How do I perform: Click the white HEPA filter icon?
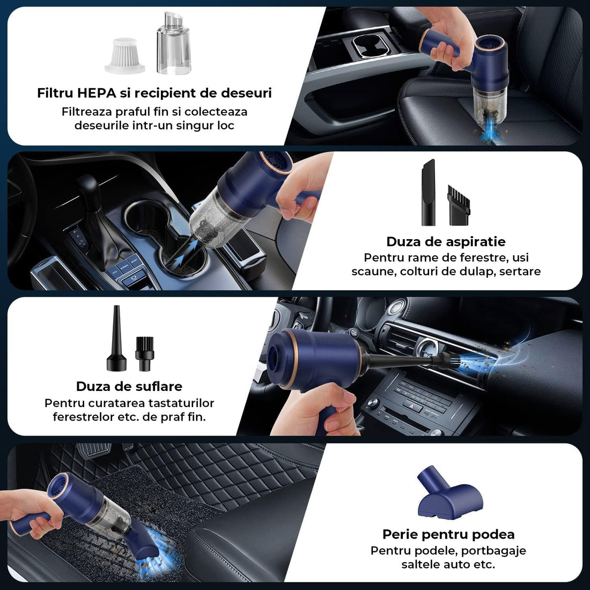[124, 55]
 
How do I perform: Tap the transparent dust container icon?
[173, 44]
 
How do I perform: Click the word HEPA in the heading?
[97, 93]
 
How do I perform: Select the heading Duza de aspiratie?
[446, 241]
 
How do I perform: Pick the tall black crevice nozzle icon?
[428, 192]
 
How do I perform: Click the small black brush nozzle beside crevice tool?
[459, 205]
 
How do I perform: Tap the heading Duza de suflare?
[129, 386]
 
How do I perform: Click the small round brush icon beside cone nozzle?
[144, 353]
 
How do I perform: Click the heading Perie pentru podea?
[448, 534]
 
